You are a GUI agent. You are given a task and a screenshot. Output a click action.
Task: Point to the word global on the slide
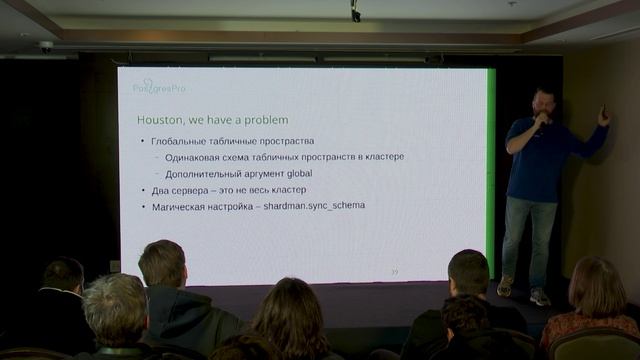292,173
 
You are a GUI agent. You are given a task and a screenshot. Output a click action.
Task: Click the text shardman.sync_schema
314,205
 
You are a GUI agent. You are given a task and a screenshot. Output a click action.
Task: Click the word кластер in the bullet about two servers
285,189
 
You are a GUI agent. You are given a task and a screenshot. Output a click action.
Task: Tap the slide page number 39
394,272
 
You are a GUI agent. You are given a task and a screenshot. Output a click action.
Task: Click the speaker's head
544,102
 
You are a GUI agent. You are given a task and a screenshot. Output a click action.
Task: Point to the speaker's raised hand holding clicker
603,115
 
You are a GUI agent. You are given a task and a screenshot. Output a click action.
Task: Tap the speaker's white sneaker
540,297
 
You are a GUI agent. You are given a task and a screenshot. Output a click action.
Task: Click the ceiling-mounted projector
355,12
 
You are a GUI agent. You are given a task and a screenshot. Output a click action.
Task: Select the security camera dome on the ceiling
46,46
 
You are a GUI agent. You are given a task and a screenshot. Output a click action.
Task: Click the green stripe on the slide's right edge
490,170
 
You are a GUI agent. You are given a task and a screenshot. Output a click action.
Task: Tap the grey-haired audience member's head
114,304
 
